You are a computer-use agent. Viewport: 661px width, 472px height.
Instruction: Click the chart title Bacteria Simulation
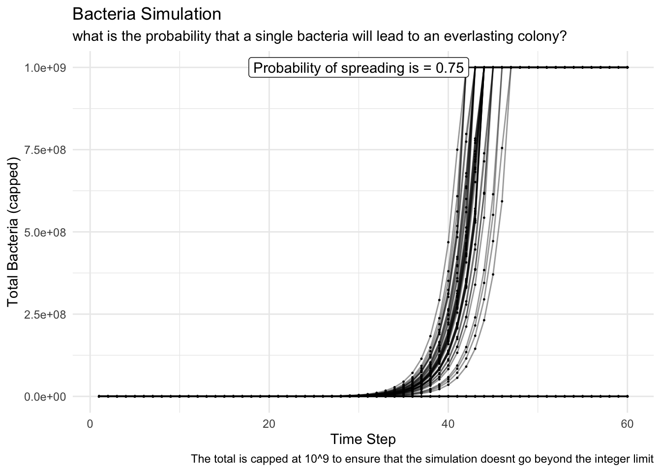point(147,14)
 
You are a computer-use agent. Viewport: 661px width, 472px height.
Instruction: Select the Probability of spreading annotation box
point(359,68)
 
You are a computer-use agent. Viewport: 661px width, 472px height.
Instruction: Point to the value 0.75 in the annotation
point(450,68)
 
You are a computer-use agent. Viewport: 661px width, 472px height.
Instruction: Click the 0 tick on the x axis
point(90,423)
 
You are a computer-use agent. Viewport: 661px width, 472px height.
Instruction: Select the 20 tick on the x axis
point(269,423)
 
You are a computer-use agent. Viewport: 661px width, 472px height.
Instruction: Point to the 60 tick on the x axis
point(628,423)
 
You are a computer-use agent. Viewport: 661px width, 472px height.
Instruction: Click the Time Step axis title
point(363,439)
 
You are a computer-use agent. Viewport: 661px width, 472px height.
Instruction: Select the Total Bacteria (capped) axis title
point(13,232)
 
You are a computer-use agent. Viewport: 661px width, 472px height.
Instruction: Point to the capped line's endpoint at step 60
point(628,67)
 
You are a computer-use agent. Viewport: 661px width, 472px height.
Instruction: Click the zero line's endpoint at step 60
point(628,396)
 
